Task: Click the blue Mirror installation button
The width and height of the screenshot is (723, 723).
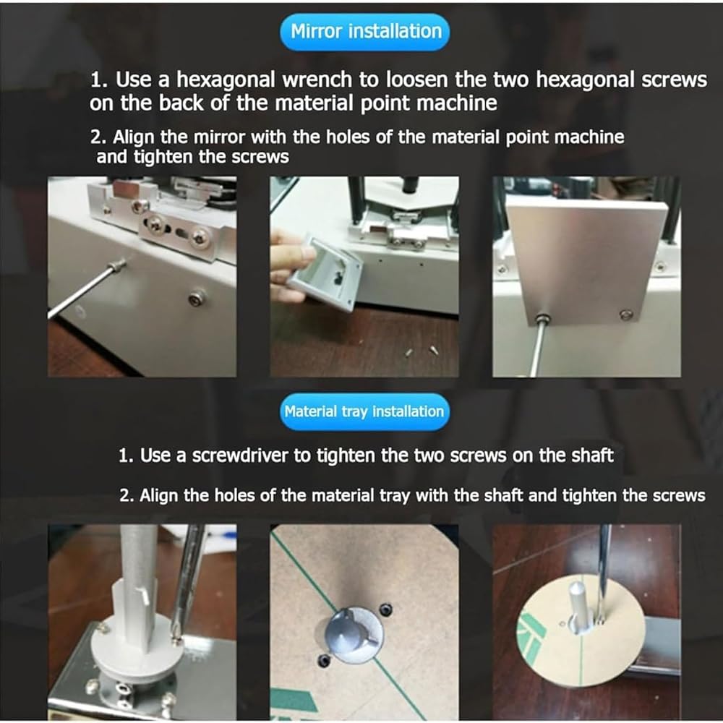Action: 364,32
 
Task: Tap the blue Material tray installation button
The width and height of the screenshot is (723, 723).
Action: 364,412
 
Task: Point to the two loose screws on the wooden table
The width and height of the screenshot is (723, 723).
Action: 421,351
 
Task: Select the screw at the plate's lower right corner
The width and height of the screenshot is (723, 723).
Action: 625,315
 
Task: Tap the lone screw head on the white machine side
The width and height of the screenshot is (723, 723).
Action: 197,298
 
